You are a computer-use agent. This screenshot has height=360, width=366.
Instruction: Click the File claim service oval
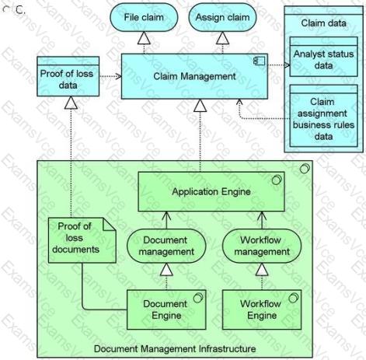coord(144,17)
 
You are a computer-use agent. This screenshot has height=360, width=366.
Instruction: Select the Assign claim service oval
coord(222,17)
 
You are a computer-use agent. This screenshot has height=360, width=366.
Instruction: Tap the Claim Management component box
coord(194,76)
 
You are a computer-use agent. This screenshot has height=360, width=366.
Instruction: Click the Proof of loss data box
coord(68,76)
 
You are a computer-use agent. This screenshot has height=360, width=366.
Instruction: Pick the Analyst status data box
coord(323,57)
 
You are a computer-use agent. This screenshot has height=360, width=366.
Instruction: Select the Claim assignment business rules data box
coord(323,116)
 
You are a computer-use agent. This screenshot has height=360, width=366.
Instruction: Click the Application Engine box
coord(211,191)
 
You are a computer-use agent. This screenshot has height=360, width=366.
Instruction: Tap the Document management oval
coord(166,246)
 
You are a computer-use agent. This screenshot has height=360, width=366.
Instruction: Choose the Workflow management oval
coord(262,246)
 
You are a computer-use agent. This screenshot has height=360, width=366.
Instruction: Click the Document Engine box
coord(166,309)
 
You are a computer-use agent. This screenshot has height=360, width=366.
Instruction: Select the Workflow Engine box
coord(262,309)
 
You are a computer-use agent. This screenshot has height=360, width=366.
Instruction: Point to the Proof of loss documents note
coord(82,240)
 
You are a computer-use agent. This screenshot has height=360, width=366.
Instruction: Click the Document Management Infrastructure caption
coord(175,348)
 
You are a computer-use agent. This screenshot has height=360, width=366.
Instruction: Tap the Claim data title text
coord(323,23)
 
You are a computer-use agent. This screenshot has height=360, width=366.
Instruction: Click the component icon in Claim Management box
coord(260,61)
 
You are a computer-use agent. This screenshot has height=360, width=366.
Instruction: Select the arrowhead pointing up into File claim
coord(144,38)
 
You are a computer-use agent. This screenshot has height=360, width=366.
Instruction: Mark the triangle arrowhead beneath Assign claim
coord(222,38)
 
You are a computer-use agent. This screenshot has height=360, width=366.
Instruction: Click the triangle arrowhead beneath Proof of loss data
coord(71,103)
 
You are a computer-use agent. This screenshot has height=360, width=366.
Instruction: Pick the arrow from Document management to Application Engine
coord(166,220)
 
